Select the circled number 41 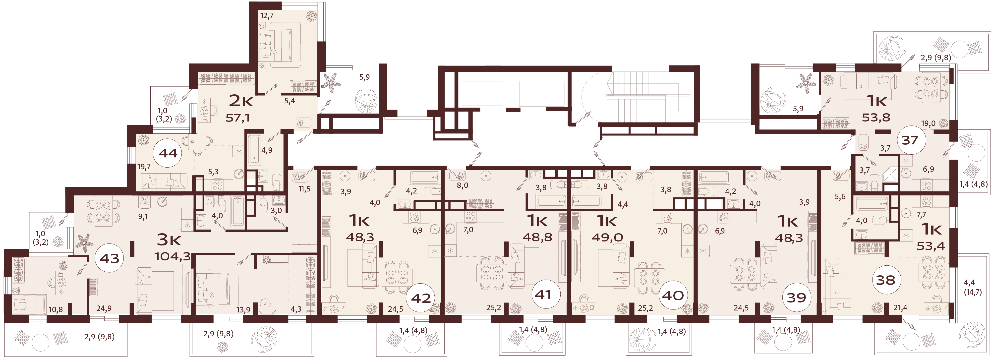click(x=543, y=295)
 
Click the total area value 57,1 click(x=237, y=118)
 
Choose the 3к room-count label click(x=169, y=240)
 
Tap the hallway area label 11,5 click(x=304, y=189)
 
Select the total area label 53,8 click(x=876, y=117)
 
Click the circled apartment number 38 click(x=885, y=279)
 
